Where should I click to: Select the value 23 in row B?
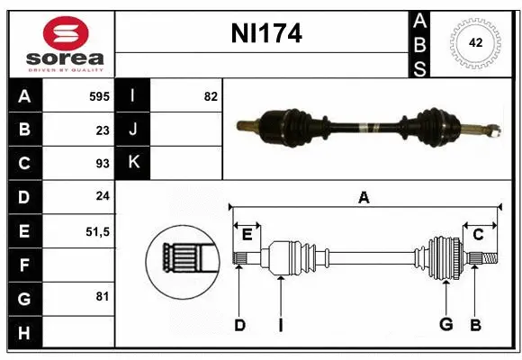(102, 130)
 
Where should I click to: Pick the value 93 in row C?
(102, 164)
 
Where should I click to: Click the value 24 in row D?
(102, 197)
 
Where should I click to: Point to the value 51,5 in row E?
(96, 231)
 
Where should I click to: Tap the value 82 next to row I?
(211, 95)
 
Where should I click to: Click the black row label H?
(24, 332)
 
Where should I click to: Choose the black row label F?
(24, 265)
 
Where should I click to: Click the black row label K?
(133, 163)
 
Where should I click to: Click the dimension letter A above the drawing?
(364, 198)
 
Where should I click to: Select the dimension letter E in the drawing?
(247, 235)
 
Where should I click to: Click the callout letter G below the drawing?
(445, 325)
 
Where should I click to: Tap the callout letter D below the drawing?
(239, 325)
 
